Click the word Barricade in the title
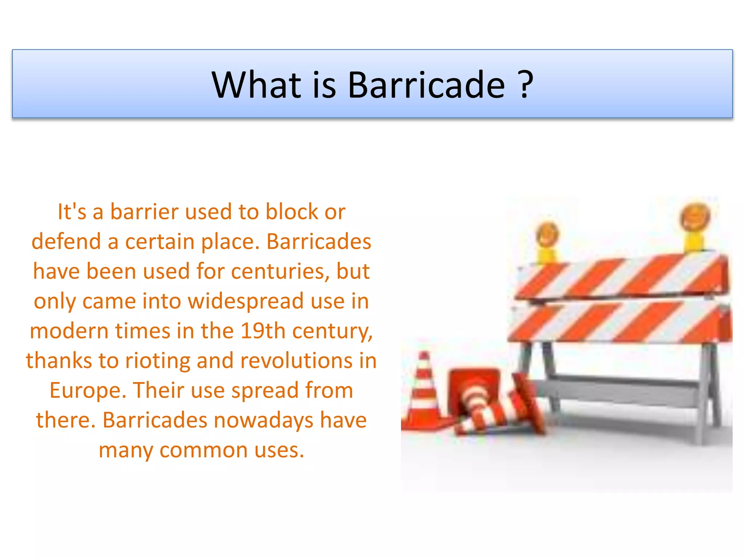(426, 85)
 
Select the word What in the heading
(256, 85)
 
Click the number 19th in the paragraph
(263, 331)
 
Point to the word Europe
(88, 391)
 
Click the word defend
(66, 242)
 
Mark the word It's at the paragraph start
(72, 212)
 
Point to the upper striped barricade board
(622, 278)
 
